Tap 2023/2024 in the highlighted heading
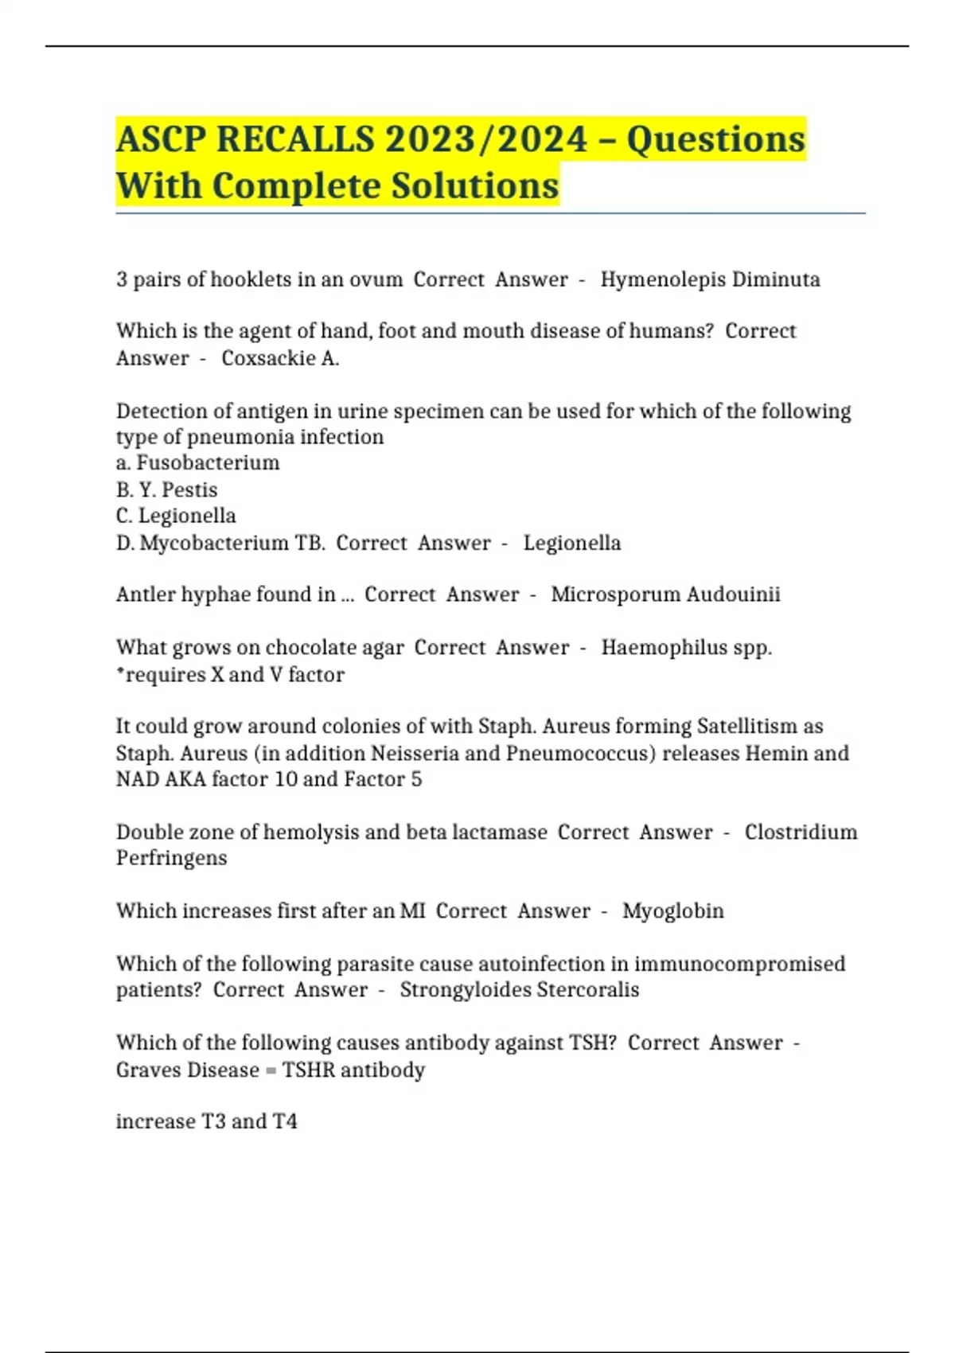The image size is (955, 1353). (x=486, y=140)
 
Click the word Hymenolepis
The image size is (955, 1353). (x=662, y=280)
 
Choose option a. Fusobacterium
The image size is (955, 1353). (x=198, y=463)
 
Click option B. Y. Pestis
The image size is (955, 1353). (x=166, y=489)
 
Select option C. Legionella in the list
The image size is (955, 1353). (x=176, y=516)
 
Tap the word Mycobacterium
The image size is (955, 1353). (x=214, y=543)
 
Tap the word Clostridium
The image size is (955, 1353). (x=801, y=832)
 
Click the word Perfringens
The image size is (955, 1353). (x=171, y=858)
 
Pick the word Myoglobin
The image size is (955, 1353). (x=672, y=910)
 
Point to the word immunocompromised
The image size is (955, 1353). (x=739, y=964)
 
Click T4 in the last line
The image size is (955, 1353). (x=285, y=1121)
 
